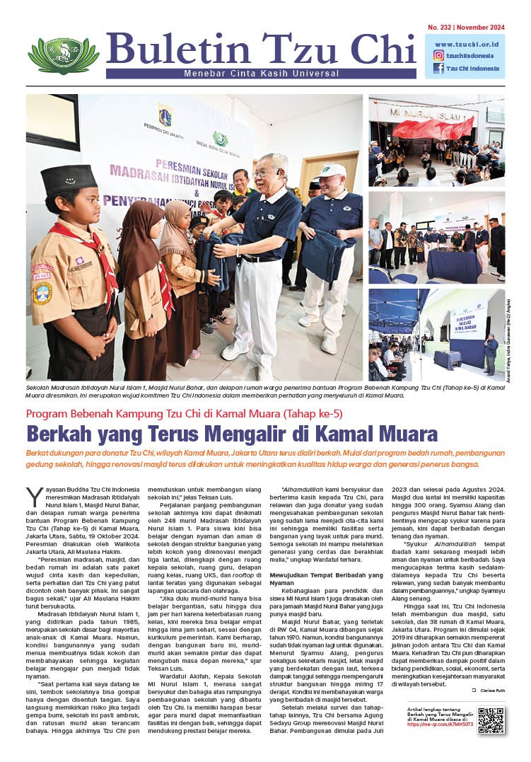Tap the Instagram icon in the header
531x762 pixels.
(x=438, y=55)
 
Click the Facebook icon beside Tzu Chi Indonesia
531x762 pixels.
(x=438, y=69)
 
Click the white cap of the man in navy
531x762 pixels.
(x=332, y=171)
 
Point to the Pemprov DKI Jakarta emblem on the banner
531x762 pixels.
(x=165, y=117)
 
